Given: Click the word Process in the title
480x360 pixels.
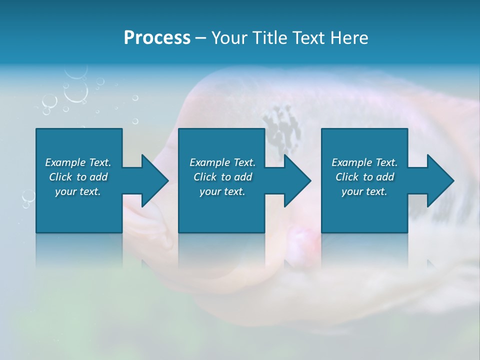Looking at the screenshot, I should (157, 38).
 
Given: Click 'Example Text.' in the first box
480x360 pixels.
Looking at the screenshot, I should (78, 162).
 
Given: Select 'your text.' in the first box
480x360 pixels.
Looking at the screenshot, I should (78, 191).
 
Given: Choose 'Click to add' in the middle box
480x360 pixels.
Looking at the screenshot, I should (222, 177).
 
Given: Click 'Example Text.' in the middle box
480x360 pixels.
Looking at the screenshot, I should (222, 162).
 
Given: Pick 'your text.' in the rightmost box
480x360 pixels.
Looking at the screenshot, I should (364, 191).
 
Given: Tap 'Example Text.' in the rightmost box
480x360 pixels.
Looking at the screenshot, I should (364, 162).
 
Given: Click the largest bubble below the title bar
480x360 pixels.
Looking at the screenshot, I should (76, 91).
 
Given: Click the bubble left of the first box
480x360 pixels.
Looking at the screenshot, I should (28, 195).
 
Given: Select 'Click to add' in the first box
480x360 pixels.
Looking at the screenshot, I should (78, 177).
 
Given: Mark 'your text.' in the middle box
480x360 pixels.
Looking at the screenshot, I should (222, 191).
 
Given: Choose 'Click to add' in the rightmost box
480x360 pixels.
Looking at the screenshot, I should (364, 177).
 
